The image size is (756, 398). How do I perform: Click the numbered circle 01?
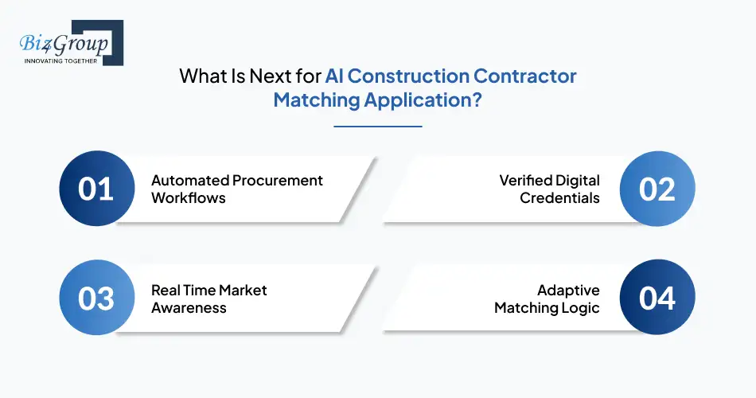point(95,189)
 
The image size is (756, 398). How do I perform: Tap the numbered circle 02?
point(657,189)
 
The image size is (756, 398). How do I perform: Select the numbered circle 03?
point(95,298)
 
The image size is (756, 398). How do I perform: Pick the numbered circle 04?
point(657,298)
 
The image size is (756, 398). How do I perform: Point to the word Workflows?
point(189,197)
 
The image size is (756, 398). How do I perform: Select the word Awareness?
point(189,307)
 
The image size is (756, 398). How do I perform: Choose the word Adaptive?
point(568,290)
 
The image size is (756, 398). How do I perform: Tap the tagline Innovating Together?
point(60,60)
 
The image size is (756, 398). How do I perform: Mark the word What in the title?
point(200,76)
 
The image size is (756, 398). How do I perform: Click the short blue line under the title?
point(377,126)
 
